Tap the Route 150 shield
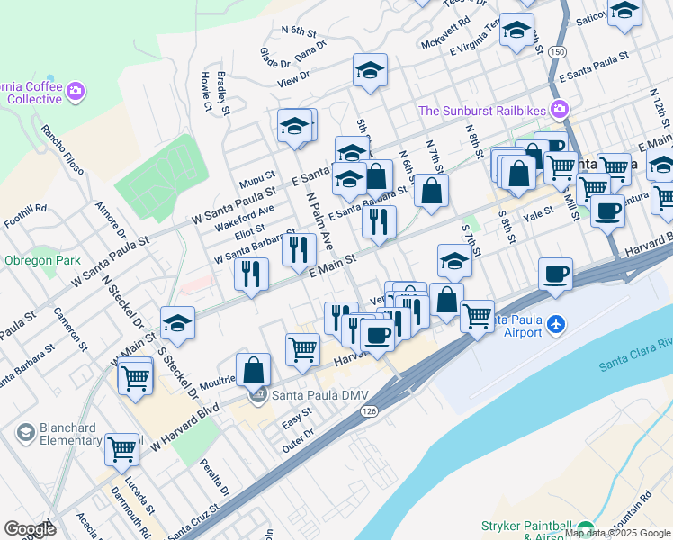(558, 52)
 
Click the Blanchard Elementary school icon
(25, 433)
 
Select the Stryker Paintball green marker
(586, 529)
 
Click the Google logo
(30, 529)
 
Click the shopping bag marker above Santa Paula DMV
(255, 369)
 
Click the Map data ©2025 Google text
(617, 533)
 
